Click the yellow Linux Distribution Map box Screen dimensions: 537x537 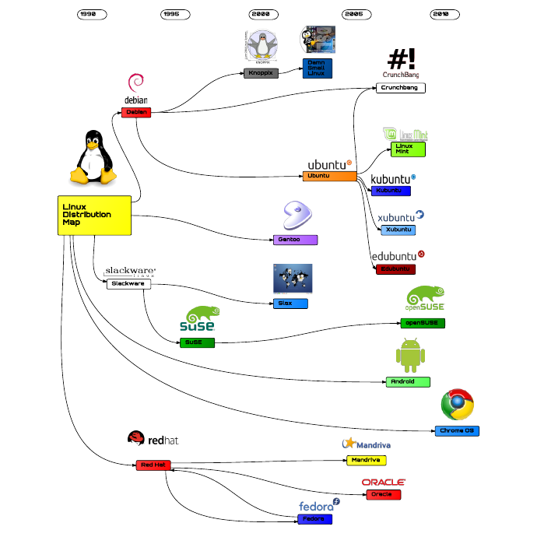click(93, 215)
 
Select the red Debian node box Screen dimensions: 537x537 click(136, 112)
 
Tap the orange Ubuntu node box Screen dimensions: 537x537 click(329, 176)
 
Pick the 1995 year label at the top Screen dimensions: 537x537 click(174, 14)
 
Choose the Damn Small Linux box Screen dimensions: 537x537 click(317, 68)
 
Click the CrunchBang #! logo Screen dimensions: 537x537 click(401, 59)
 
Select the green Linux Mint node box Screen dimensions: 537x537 click(408, 149)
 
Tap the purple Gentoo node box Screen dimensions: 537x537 click(296, 240)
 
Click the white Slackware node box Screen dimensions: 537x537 click(128, 284)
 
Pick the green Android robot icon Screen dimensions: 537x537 click(411, 356)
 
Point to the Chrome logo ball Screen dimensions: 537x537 click(458, 405)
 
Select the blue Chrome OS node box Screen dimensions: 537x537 click(457, 430)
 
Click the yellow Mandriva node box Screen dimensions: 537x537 click(366, 460)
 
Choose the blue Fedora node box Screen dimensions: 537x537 click(314, 519)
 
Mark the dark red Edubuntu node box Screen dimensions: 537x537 click(395, 268)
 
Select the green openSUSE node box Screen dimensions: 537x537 click(423, 322)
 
